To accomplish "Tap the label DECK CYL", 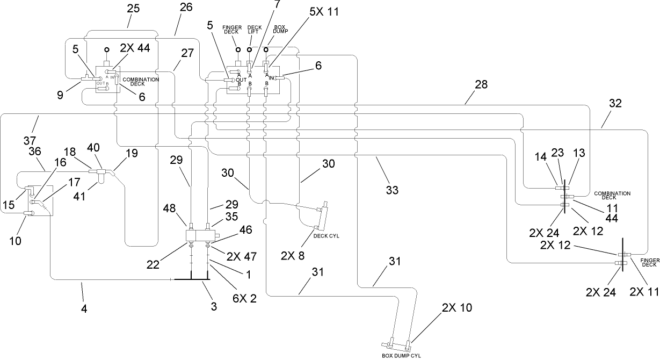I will [330, 235].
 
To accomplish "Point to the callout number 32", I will [615, 104].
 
